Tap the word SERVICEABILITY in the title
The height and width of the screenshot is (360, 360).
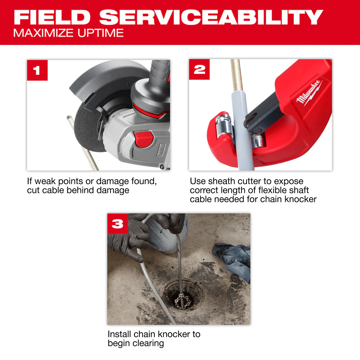point(211,17)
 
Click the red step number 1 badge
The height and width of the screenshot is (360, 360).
point(37,70)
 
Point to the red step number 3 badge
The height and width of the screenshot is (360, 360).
point(118,224)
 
